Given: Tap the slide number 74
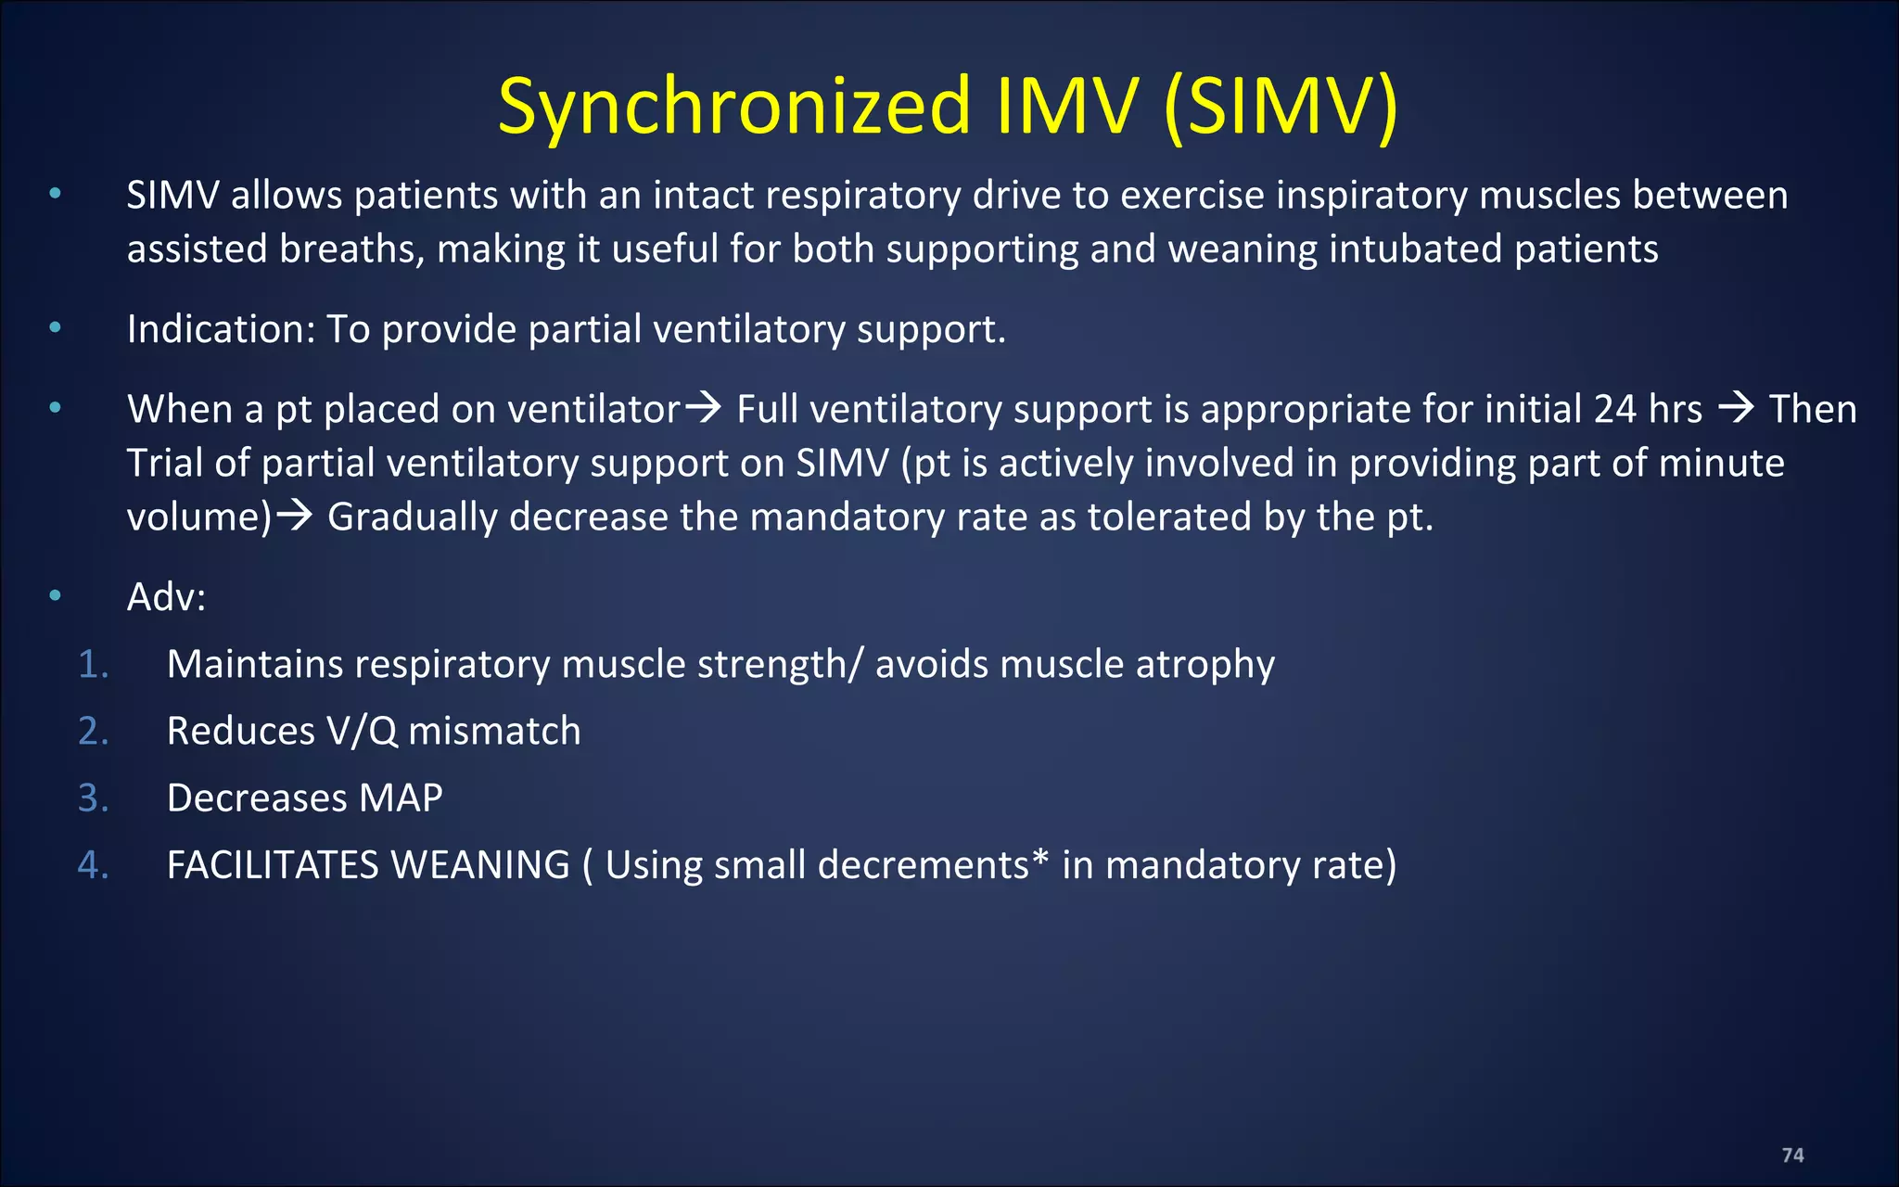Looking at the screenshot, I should coord(1792,1155).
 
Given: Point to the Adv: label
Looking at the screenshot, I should coord(166,596).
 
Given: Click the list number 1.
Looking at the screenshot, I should coord(93,664).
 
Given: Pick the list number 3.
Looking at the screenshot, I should coord(93,798).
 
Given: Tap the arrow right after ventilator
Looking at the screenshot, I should coord(703,408).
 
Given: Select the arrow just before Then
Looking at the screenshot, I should coord(1736,408).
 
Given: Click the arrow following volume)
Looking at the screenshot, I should coord(295,516).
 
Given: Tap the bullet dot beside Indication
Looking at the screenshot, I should coord(56,327).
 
